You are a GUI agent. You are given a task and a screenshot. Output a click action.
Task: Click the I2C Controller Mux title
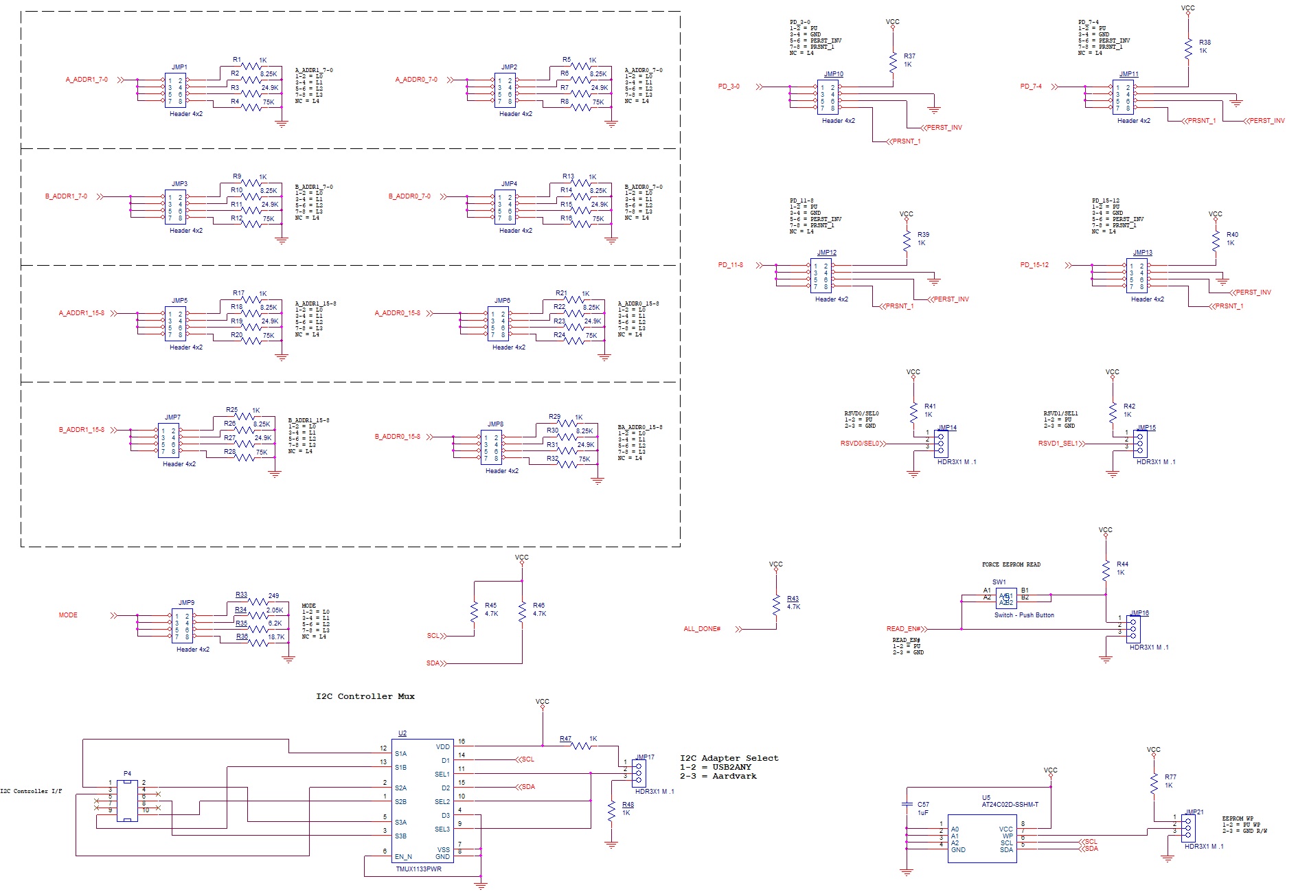(365, 696)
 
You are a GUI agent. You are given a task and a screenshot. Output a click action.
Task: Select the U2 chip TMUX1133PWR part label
(418, 869)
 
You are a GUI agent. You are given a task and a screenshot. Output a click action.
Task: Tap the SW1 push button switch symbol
(1005, 599)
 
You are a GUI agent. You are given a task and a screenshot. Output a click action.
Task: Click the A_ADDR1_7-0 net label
(87, 80)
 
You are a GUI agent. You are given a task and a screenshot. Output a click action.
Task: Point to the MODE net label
(68, 615)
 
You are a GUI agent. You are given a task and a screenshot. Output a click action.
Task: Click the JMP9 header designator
(186, 603)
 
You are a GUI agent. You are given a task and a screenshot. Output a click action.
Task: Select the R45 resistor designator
(490, 606)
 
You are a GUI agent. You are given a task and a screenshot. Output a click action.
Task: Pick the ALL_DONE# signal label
(702, 629)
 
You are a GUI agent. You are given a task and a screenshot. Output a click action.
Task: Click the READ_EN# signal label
(904, 629)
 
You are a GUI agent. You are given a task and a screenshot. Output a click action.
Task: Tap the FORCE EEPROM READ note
(1011, 564)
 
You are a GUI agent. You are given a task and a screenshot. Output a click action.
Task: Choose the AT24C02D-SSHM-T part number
(1010, 805)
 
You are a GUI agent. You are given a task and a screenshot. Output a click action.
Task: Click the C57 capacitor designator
(923, 804)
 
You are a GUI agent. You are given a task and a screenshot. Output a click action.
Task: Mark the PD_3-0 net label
(729, 87)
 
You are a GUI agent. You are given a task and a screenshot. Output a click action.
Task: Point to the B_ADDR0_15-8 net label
(397, 437)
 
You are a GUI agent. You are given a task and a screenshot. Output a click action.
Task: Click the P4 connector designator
(127, 774)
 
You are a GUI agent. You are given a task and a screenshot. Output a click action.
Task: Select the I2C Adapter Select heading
(729, 758)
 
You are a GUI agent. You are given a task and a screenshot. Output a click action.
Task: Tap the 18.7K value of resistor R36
(275, 637)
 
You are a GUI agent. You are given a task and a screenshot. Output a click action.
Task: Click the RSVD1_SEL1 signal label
(1058, 444)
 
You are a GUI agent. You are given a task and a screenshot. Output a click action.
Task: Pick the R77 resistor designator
(1170, 777)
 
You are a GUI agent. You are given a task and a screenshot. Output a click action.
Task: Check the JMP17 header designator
(645, 757)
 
